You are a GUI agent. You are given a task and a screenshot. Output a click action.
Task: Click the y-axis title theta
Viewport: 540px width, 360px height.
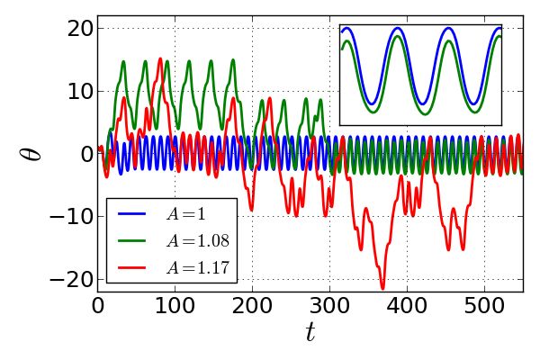coord(31,151)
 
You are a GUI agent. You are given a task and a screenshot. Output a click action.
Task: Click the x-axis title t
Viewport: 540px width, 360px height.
coord(310,333)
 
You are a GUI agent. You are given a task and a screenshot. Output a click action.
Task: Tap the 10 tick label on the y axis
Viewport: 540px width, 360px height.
coord(81,91)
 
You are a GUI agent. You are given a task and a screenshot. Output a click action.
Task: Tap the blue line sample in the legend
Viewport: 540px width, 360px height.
coord(130,215)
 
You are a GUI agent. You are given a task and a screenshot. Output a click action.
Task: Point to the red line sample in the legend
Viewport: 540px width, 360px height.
coord(130,266)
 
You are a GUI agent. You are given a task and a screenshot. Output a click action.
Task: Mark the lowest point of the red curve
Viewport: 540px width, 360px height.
coord(382,289)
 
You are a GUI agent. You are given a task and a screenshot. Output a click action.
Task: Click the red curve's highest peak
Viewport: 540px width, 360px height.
coord(160,58)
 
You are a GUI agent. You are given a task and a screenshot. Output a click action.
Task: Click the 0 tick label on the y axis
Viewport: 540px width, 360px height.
coord(87,154)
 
